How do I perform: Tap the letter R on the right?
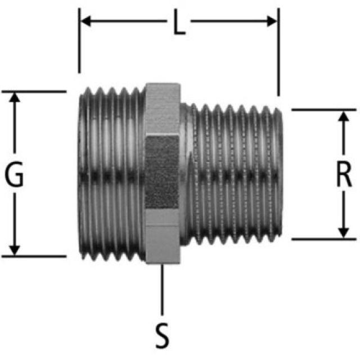[344, 175]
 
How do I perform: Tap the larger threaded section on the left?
[110, 174]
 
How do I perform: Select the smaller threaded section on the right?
[236, 174]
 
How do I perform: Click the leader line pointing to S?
[162, 290]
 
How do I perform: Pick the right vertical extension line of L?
[277, 56]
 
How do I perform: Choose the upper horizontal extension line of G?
[34, 91]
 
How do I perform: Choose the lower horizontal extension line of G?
[34, 256]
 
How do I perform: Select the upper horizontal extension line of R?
[323, 109]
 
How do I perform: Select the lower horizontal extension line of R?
[323, 239]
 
